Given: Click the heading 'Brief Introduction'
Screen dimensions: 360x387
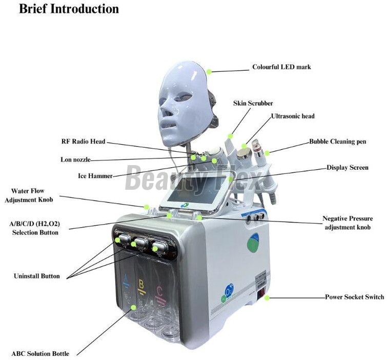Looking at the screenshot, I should (x=69, y=9).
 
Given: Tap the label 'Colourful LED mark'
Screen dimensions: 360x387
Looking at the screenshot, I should (x=281, y=67).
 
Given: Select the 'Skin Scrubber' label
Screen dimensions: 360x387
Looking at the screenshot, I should (x=253, y=104).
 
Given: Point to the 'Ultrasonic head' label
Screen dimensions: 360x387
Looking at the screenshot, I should (x=293, y=116).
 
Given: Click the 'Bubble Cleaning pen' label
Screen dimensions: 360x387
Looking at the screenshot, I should (x=337, y=141).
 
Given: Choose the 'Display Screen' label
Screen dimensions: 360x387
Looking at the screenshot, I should (x=348, y=168).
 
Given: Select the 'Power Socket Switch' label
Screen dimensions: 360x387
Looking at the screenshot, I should (x=354, y=297).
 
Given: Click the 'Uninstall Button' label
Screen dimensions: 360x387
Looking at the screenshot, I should (x=36, y=276).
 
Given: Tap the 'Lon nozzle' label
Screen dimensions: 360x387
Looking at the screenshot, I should (x=75, y=159).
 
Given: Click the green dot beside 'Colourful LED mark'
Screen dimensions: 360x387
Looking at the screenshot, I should (x=209, y=71).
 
